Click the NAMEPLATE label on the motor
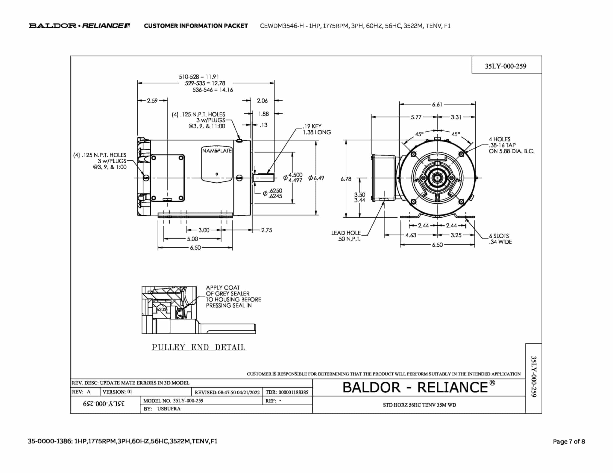(217, 151)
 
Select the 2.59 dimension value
(152, 101)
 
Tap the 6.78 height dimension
(346, 179)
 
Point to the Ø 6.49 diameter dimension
(316, 178)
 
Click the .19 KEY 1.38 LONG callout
(316, 129)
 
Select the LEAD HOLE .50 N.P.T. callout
(346, 236)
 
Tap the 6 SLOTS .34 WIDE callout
(500, 239)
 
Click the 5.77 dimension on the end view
(416, 117)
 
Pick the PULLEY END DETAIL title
(198, 347)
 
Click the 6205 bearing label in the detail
(161, 309)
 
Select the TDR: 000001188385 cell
(287, 392)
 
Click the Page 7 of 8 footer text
(569, 441)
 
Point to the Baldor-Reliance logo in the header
(79, 26)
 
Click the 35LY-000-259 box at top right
(506, 66)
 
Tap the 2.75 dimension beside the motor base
(266, 230)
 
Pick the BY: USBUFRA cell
(162, 409)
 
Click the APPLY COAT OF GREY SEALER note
(233, 297)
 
